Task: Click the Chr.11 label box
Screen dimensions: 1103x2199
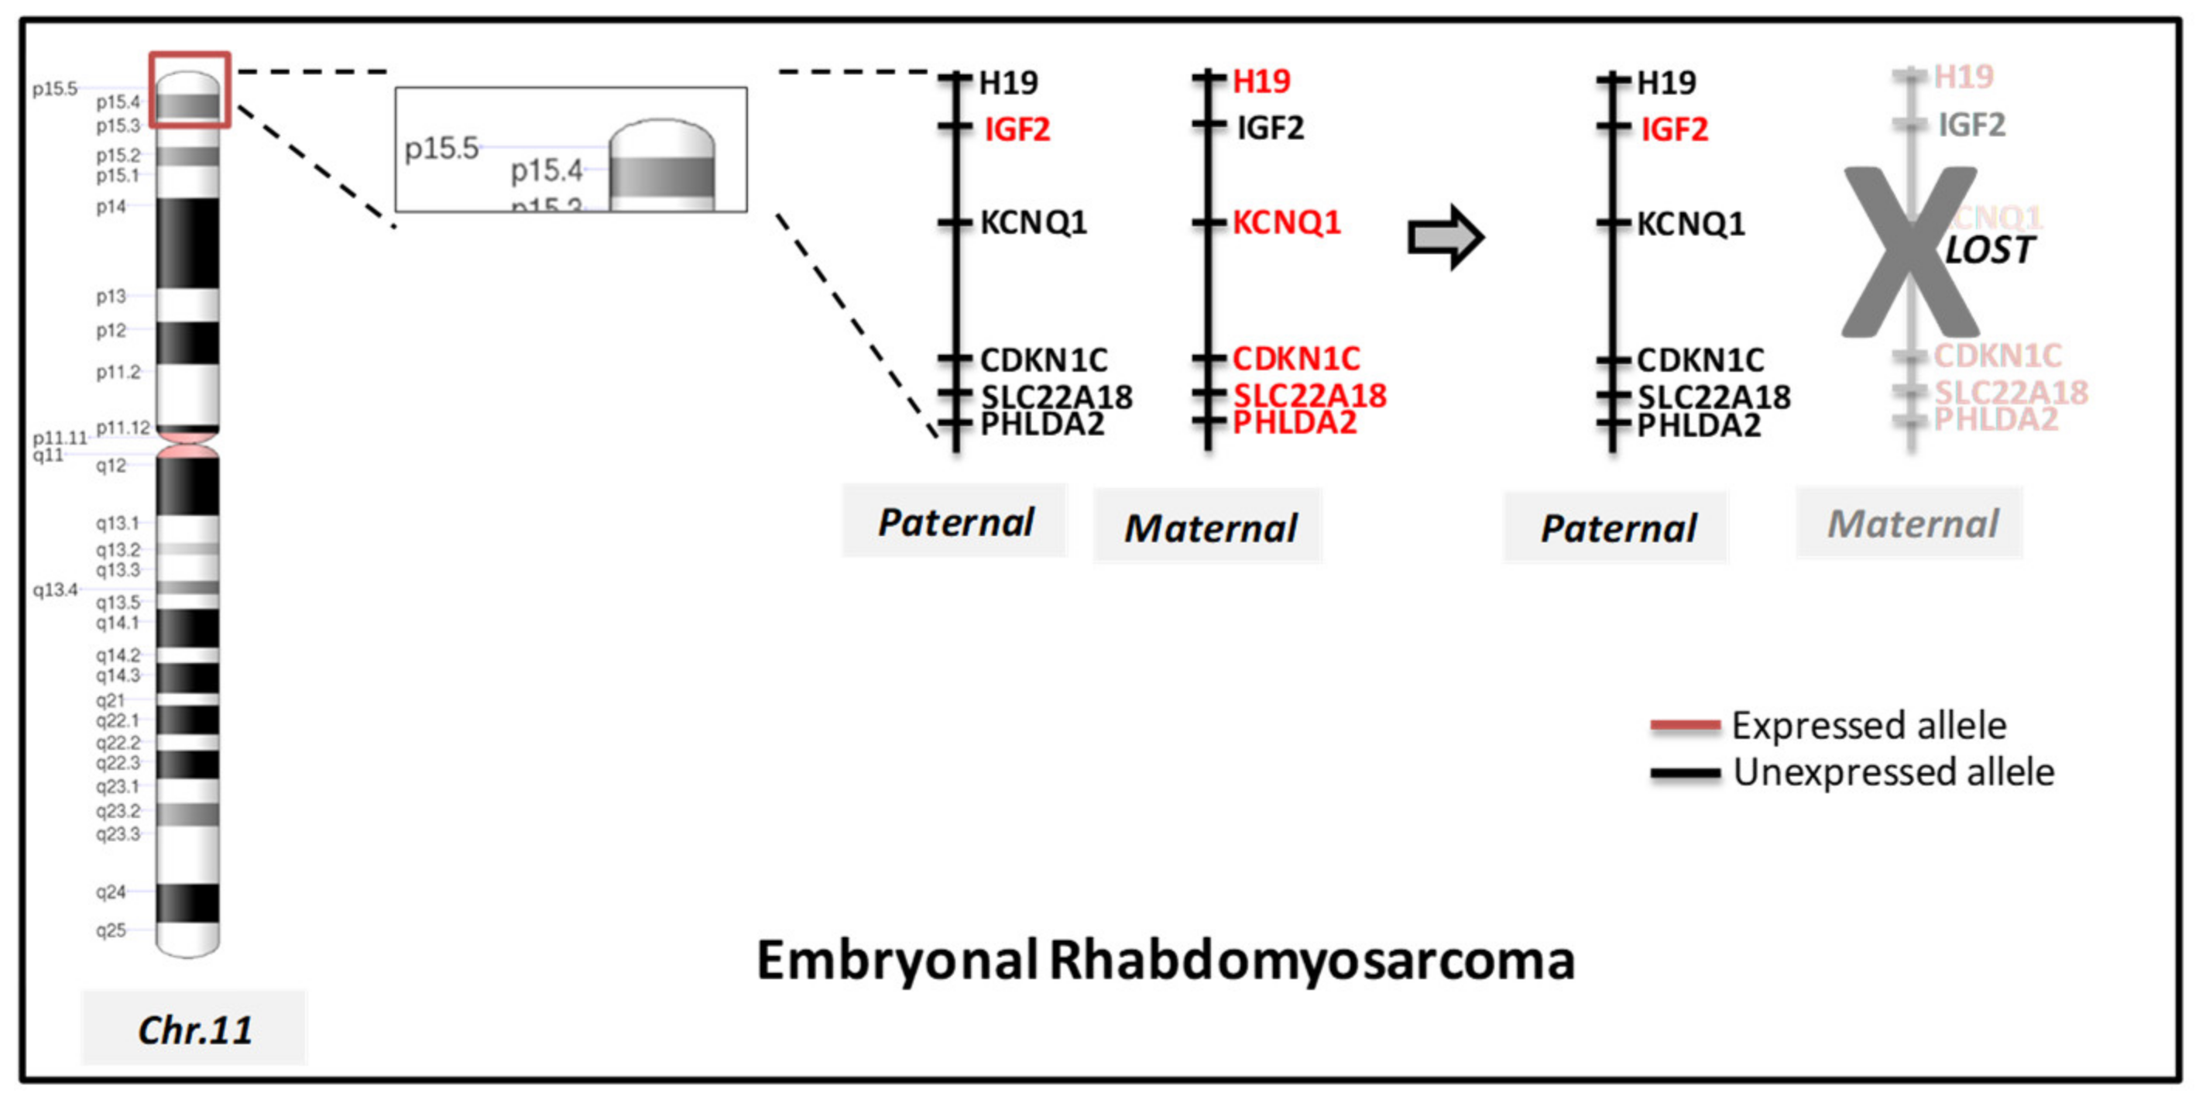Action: coord(194,1028)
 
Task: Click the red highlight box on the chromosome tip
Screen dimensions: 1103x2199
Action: coord(190,90)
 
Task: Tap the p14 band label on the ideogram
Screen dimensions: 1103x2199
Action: coord(111,207)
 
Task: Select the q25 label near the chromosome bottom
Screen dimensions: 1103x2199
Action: coord(111,929)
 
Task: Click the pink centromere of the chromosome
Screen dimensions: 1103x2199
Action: coord(188,445)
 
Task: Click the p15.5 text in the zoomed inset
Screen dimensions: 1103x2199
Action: coord(441,149)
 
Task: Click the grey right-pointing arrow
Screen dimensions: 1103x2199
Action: coord(1446,237)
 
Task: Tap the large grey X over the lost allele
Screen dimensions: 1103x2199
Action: coord(1909,253)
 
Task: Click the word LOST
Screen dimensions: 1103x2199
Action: coord(1989,251)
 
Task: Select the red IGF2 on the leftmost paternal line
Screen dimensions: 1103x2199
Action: coord(1017,130)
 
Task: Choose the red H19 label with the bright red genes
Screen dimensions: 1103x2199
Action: coord(1261,82)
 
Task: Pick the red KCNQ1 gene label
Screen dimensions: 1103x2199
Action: coord(1285,223)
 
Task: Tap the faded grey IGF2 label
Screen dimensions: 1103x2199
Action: coord(1971,125)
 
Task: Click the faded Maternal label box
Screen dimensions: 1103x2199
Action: coord(1910,524)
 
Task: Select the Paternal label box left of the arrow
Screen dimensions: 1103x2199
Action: coord(955,521)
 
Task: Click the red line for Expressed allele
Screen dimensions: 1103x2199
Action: coord(1684,726)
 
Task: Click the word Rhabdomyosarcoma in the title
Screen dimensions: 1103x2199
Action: coord(1310,960)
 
